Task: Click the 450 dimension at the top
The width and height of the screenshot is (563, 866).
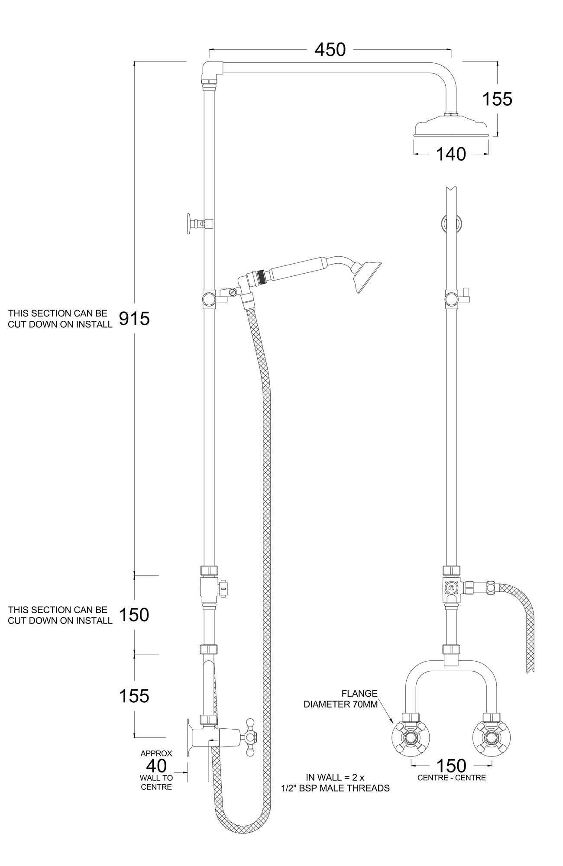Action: click(x=330, y=50)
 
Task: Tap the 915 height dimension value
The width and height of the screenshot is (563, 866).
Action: click(x=134, y=319)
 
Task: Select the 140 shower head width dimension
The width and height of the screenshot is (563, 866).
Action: click(x=451, y=154)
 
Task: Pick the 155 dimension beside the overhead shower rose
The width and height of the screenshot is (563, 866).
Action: click(x=497, y=99)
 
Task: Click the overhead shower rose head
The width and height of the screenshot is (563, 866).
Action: click(x=451, y=127)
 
